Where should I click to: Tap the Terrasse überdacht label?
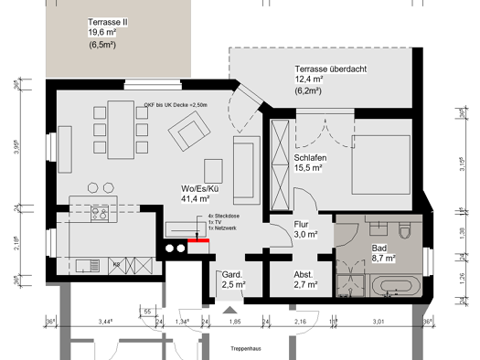point(330,69)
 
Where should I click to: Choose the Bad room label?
point(379,249)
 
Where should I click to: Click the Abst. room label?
point(304,274)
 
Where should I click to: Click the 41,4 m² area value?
point(197,197)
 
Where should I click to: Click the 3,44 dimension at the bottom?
point(104,322)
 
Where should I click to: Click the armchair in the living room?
point(193,135)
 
